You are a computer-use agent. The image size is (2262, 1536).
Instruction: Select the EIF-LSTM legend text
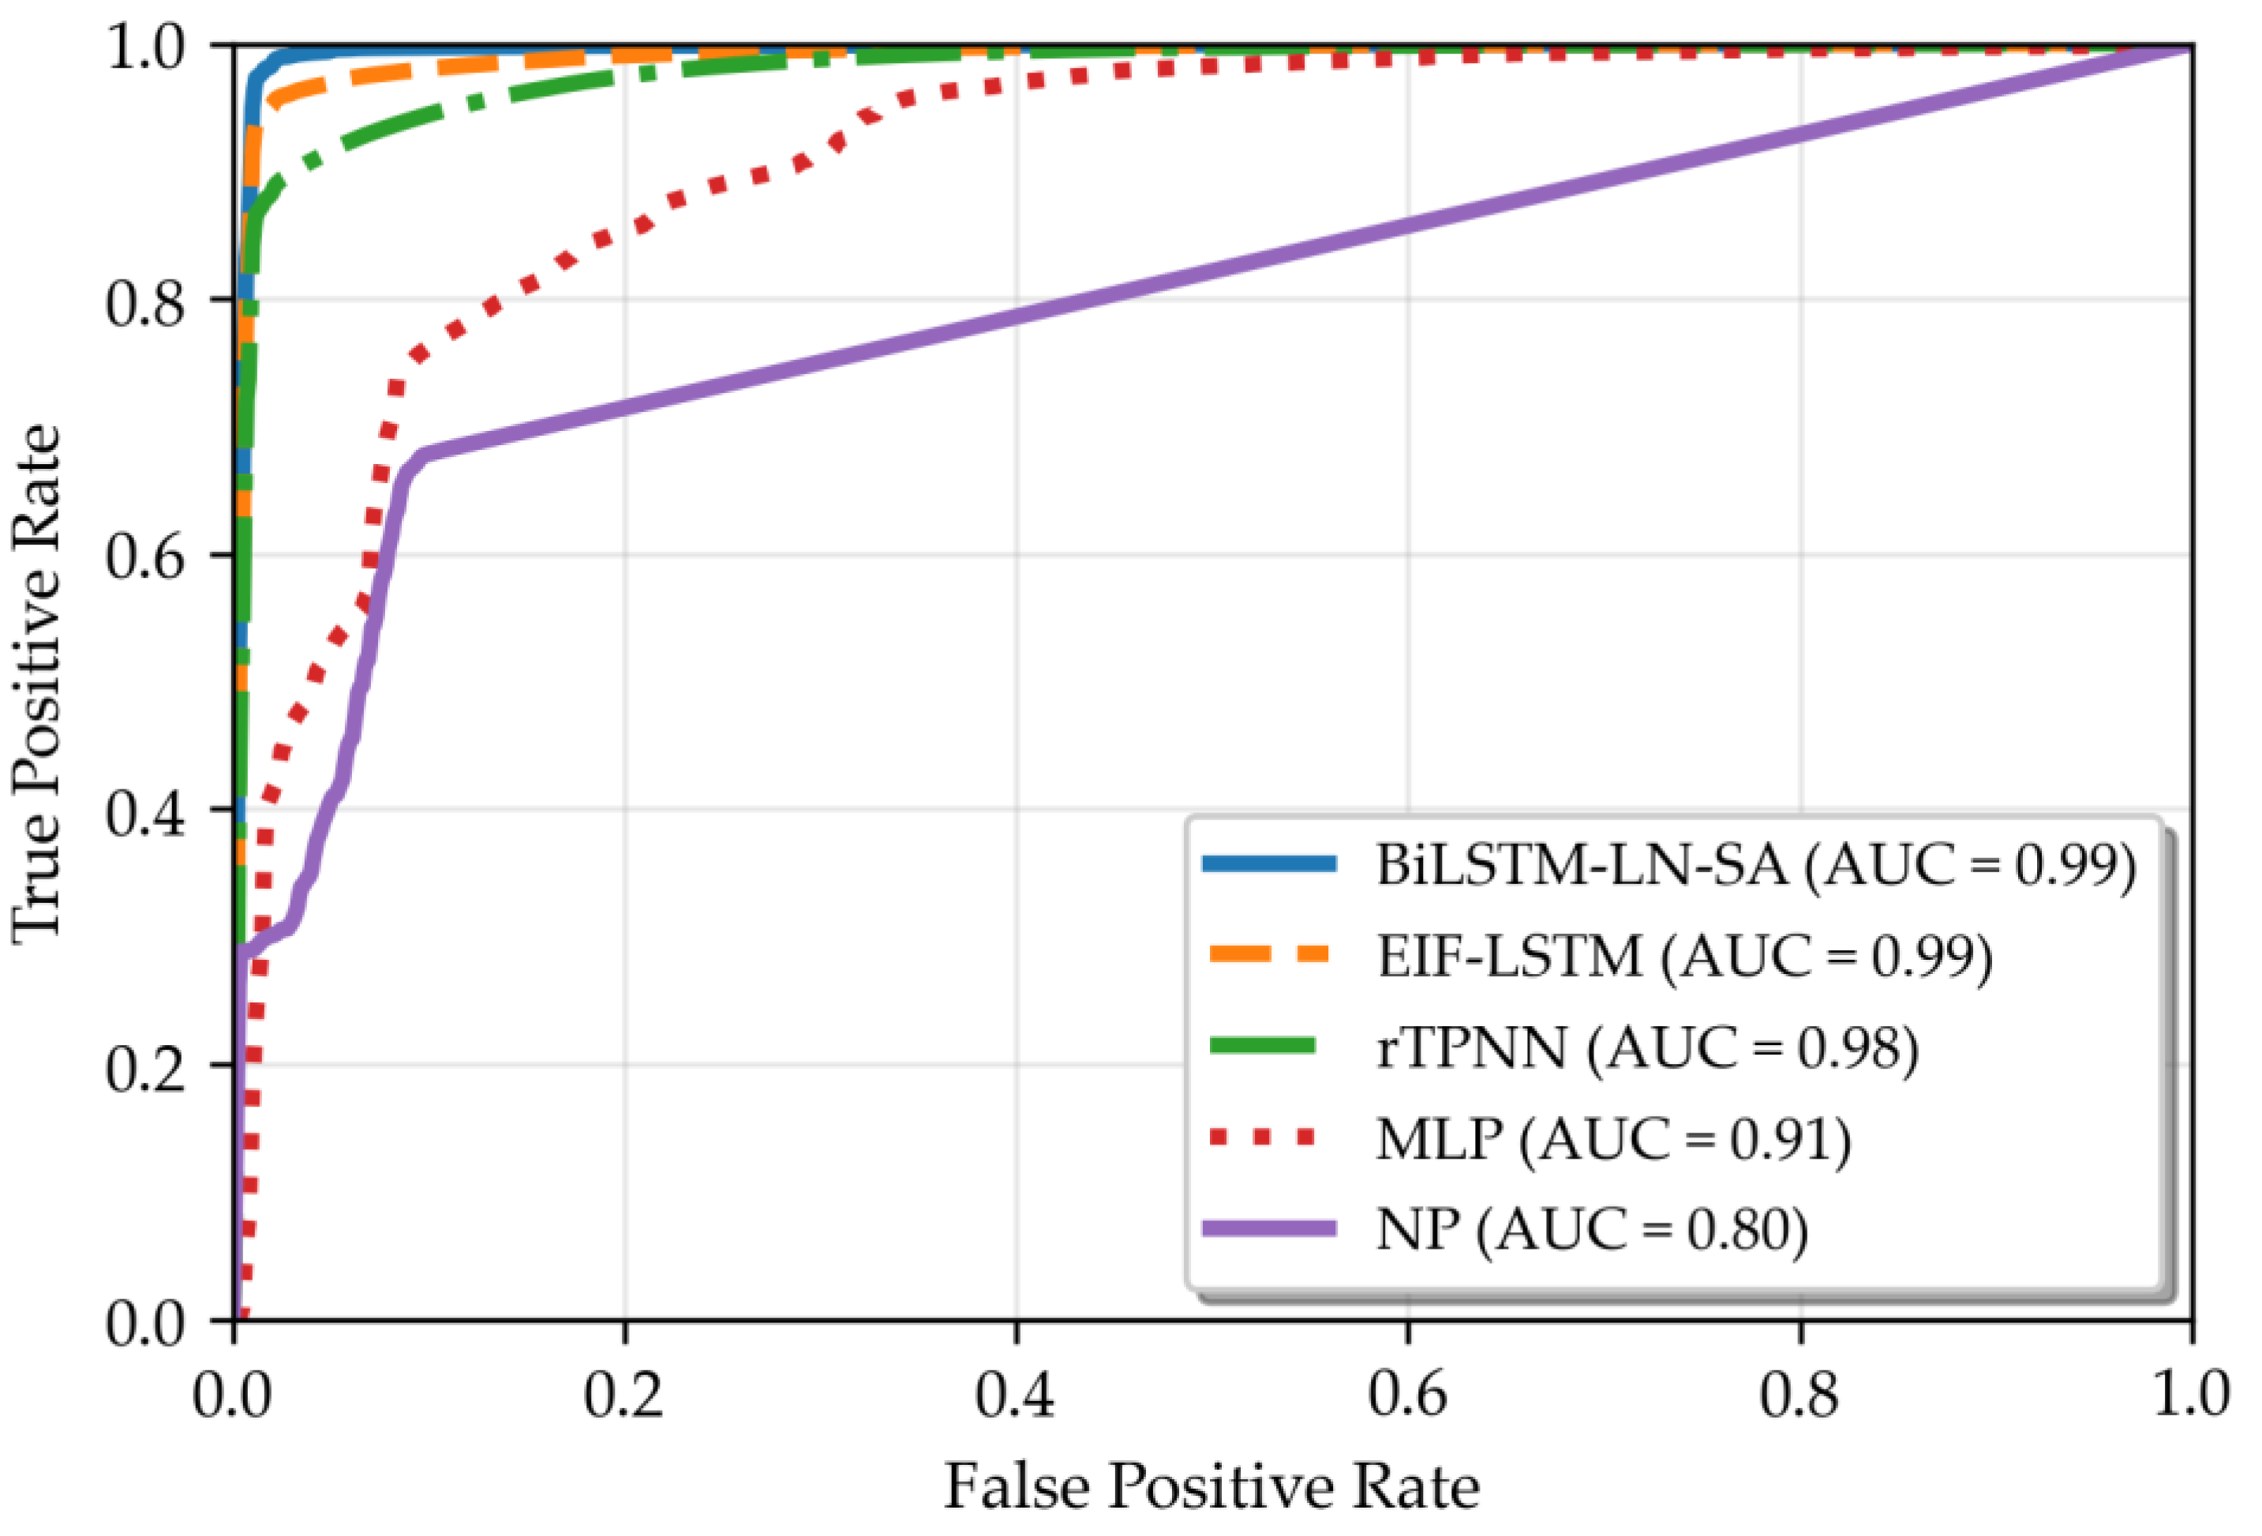coord(1683,957)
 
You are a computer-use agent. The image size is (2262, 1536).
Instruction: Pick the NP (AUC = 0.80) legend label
coord(1591,1231)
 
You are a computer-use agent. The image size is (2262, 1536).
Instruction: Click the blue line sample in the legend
coord(1270,864)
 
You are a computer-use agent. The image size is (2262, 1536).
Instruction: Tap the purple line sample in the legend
coord(1270,1228)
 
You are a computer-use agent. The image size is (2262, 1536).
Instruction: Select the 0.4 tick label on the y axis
coord(145,813)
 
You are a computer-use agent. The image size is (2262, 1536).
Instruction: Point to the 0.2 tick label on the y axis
coord(145,1068)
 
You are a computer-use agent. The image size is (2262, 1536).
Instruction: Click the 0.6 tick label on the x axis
coord(1407,1394)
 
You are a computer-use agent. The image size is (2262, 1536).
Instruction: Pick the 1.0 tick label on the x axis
coord(2190,1394)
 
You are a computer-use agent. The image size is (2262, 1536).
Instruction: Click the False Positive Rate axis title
coord(1212,1486)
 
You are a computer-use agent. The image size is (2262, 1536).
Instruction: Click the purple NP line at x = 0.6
coord(1408,226)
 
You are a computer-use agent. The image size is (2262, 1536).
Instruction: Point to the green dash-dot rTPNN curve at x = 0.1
coord(430,118)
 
